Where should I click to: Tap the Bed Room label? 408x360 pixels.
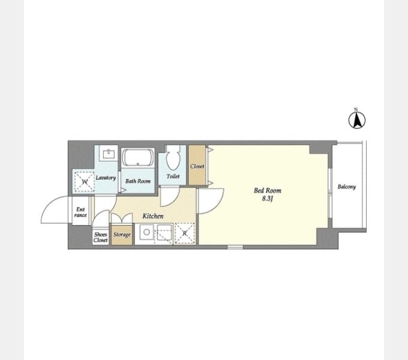coord(268,190)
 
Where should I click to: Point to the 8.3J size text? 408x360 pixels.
coord(267,199)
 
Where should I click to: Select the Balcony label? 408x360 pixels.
coord(347,187)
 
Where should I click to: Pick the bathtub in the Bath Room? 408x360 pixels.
coord(138,158)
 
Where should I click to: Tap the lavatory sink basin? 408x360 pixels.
coord(109,154)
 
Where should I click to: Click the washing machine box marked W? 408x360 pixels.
coord(84,182)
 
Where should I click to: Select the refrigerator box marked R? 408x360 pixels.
coord(185,233)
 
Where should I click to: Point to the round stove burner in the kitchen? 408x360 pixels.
coord(147,232)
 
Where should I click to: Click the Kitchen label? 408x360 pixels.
coord(153,216)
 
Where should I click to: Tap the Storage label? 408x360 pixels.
coord(122,235)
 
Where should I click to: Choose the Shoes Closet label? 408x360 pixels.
coord(101,237)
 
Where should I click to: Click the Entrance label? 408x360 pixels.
coord(80,212)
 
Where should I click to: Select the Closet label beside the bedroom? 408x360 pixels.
coord(197,166)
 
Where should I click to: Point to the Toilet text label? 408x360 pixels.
coord(173,176)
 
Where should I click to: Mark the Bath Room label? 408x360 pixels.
coord(138,181)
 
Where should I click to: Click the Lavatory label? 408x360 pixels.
coord(106,178)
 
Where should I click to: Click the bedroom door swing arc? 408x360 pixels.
coord(218,205)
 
